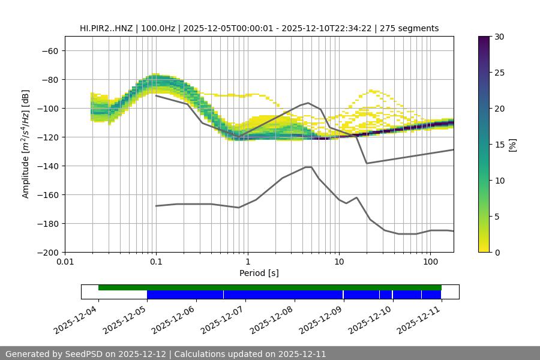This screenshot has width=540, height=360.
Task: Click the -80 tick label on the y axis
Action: [x=50, y=79]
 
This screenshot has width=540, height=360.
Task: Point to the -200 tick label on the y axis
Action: [x=47, y=252]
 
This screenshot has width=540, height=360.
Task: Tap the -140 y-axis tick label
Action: [x=47, y=166]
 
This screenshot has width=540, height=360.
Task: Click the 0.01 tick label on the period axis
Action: [x=65, y=263]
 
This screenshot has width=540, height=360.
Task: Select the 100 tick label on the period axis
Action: [x=430, y=263]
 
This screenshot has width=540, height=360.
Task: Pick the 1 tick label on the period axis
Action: [x=247, y=263]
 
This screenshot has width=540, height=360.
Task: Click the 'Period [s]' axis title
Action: [x=259, y=273]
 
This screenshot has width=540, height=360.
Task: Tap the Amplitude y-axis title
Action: [x=26, y=144]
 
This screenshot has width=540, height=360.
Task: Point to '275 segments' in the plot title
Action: [x=413, y=28]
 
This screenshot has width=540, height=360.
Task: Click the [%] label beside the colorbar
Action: [x=512, y=144]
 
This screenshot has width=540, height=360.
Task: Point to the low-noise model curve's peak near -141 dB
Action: [x=308, y=167]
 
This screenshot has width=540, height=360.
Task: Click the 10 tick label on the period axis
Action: [x=338, y=263]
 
